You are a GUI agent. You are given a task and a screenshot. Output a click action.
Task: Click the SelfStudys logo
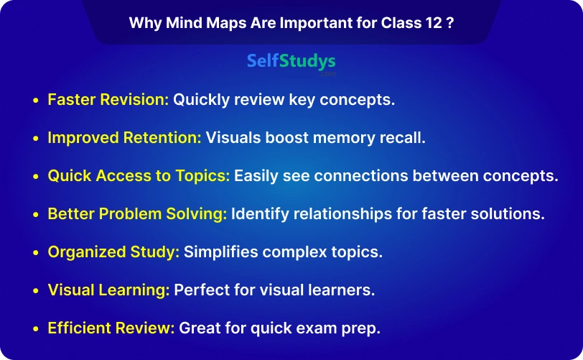coord(291,63)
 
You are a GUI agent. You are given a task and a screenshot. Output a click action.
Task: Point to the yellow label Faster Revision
coord(108,100)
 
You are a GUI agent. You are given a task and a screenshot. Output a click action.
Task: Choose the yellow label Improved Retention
coord(124,138)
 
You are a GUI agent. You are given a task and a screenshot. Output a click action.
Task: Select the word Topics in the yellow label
coord(203,176)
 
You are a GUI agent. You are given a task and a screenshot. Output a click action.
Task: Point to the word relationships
coord(342,214)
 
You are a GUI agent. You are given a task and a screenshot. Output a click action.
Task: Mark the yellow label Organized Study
coord(113,252)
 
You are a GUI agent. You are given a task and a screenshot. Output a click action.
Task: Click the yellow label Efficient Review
coord(111,328)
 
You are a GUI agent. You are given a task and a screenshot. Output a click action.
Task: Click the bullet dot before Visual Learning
coord(36,291)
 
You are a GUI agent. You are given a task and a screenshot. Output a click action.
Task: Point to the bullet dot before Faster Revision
coord(36,101)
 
